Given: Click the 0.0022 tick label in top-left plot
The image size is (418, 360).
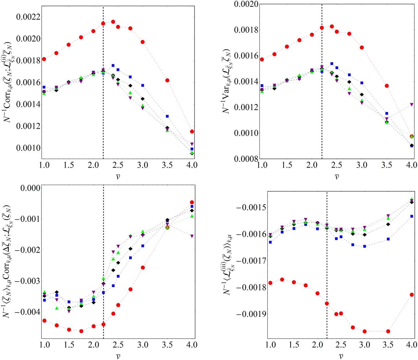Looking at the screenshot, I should click(28, 17).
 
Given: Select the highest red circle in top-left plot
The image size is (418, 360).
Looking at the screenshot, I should click(113, 22).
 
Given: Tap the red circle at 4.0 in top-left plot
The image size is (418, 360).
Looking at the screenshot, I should click(192, 131).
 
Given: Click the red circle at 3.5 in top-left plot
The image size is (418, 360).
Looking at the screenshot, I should click(167, 80).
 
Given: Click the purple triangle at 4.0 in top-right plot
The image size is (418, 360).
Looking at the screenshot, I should click(412, 104).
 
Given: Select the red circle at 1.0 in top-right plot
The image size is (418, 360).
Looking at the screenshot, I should click(262, 59).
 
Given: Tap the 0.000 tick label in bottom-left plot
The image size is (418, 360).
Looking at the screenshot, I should click(30, 188).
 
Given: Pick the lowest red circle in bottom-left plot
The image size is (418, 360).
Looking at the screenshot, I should click(81, 331).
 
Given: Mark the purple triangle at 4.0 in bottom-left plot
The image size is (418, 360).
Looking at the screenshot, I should click(192, 236).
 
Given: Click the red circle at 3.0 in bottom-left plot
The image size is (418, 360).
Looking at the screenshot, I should click(143, 267).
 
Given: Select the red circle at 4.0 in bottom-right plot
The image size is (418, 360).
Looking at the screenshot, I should click(412, 295).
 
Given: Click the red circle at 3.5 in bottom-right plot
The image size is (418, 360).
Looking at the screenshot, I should click(388, 331).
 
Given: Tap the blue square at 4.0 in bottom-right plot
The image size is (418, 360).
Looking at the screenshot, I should click(412, 216).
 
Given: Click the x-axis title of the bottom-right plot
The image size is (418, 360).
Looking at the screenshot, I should click(341, 356).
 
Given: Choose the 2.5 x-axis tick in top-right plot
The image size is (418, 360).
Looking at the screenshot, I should click(337, 165).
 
